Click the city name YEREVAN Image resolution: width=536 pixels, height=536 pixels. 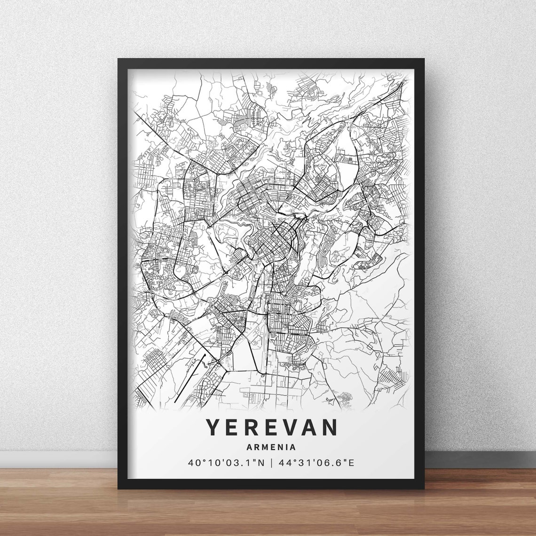(x=271, y=427)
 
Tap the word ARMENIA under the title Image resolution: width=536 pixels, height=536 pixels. (x=271, y=447)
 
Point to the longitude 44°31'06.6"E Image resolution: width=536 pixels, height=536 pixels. (x=316, y=463)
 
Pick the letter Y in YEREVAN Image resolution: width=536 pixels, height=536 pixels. (x=213, y=427)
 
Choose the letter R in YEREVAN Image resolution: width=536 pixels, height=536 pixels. (x=252, y=427)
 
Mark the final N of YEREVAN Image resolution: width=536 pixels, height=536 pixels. (x=331, y=427)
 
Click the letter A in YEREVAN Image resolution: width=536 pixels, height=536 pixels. (x=310, y=427)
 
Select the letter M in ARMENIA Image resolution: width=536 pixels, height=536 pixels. (x=266, y=447)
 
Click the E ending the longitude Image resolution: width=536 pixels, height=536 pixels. (x=351, y=463)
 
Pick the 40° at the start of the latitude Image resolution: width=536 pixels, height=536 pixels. (x=195, y=463)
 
